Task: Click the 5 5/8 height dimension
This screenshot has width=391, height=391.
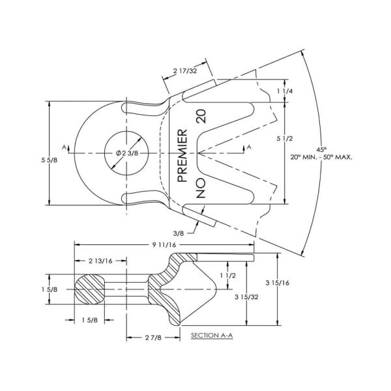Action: (49, 160)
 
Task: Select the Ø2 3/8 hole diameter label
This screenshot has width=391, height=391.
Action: (127, 153)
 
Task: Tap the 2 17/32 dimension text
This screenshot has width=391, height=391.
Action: (185, 71)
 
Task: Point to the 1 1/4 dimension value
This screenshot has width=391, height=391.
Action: (285, 91)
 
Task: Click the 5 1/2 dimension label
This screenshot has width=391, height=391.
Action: (285, 139)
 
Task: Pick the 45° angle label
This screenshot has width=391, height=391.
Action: (321, 150)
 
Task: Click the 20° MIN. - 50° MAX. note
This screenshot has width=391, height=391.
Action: (321, 157)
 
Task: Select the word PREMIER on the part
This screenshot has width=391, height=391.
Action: (182, 155)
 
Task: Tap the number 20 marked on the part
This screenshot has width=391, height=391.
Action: (201, 116)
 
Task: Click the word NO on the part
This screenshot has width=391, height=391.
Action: (201, 188)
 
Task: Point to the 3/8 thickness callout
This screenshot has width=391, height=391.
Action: (179, 233)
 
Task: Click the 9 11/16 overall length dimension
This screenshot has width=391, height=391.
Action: (164, 245)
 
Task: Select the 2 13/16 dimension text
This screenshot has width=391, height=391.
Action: (100, 261)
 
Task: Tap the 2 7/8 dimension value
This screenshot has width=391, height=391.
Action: (153, 338)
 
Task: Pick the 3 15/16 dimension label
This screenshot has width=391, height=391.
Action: (278, 283)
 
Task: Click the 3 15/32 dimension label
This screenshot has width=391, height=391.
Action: (246, 297)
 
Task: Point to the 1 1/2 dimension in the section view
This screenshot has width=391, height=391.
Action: (227, 276)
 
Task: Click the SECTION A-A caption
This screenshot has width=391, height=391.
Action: (212, 336)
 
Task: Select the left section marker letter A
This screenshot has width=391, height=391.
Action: (65, 147)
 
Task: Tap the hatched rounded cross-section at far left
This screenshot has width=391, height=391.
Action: (90, 289)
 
